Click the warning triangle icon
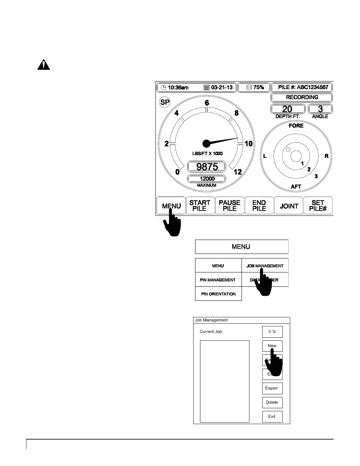(44, 66)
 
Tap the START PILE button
(200, 206)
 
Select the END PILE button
(259, 206)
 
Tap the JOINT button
(289, 206)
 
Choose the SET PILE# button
(318, 206)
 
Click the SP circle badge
(165, 102)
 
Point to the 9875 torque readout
(206, 166)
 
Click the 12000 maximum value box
(206, 179)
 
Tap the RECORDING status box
(302, 97)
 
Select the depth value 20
(288, 109)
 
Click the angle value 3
(320, 109)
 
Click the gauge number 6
(206, 103)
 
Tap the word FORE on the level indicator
(296, 126)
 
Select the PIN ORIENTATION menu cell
(218, 294)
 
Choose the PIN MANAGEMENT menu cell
(218, 280)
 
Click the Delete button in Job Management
(272, 402)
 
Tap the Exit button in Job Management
(272, 417)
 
